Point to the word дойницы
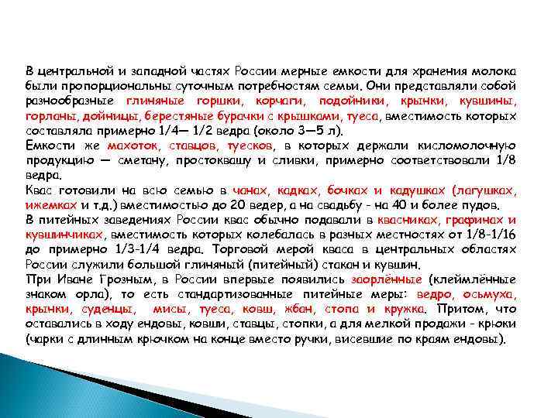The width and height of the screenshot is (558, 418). tap(108, 115)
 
